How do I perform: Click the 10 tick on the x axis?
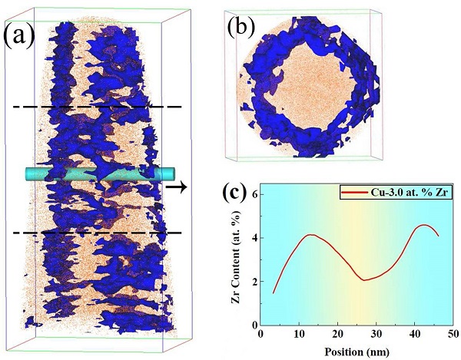[x=301, y=334]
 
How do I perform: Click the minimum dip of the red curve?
[x=364, y=280]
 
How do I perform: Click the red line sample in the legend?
[x=349, y=195]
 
